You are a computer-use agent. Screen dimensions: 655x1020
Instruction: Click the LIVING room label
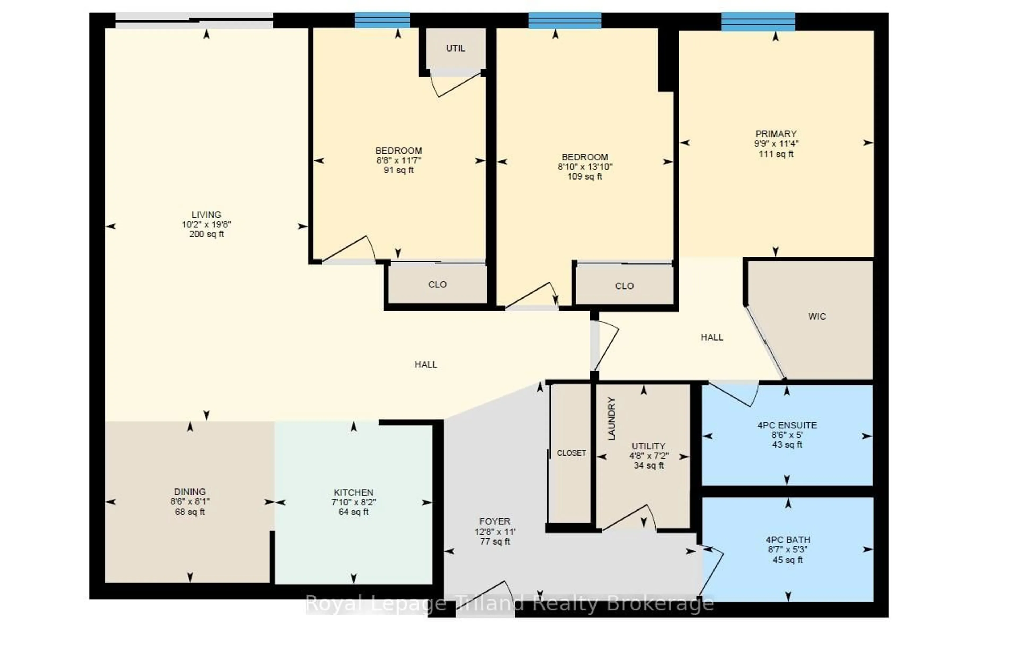pyautogui.click(x=206, y=214)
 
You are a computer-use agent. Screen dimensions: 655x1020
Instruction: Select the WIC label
pyautogui.click(x=817, y=316)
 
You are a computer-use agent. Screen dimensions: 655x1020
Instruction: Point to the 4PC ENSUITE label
pyautogui.click(x=787, y=425)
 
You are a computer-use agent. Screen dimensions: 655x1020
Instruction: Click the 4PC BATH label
pyautogui.click(x=788, y=539)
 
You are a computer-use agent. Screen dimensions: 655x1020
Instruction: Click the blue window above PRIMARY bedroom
pyautogui.click(x=758, y=21)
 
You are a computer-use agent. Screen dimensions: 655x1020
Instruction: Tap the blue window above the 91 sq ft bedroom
pyautogui.click(x=382, y=20)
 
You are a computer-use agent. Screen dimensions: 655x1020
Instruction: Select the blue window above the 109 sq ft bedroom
pyautogui.click(x=564, y=20)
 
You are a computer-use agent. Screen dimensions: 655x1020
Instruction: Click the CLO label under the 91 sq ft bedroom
pyautogui.click(x=437, y=284)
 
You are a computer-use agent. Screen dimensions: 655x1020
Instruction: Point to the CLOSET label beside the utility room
pyautogui.click(x=571, y=453)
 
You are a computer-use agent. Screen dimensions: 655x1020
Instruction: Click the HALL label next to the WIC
pyautogui.click(x=712, y=337)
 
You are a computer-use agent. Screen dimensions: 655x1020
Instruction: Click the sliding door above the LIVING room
pyautogui.click(x=194, y=20)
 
